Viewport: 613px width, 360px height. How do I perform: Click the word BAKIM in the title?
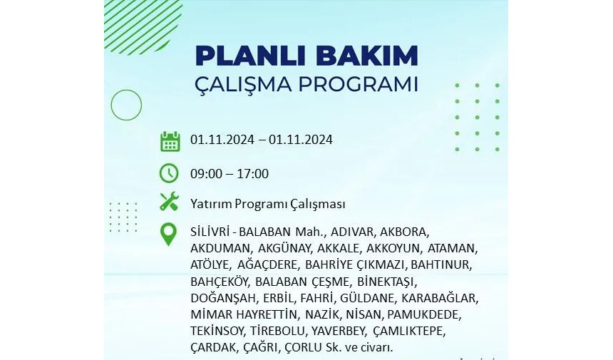(x=367, y=56)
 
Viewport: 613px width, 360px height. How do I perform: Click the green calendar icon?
(x=170, y=141)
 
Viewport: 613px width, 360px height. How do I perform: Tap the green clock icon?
(x=169, y=173)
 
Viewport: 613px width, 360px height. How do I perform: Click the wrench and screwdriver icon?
(x=169, y=202)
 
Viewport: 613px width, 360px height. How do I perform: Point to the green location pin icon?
(x=168, y=235)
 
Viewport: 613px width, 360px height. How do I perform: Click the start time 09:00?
(x=206, y=174)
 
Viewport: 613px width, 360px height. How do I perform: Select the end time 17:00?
(x=252, y=174)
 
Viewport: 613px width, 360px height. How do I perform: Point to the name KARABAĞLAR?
(x=439, y=298)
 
